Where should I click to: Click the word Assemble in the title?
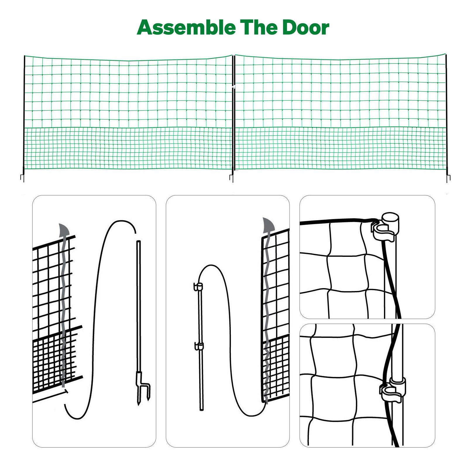coord(186,28)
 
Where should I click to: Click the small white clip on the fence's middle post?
coord(234,87)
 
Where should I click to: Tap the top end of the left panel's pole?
coord(139,242)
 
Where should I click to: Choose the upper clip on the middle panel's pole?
coord(199,287)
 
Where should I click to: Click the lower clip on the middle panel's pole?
coord(199,346)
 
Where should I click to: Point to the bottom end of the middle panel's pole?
coord(201,409)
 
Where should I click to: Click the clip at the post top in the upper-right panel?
coord(385,227)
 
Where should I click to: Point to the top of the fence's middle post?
coord(233,56)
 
